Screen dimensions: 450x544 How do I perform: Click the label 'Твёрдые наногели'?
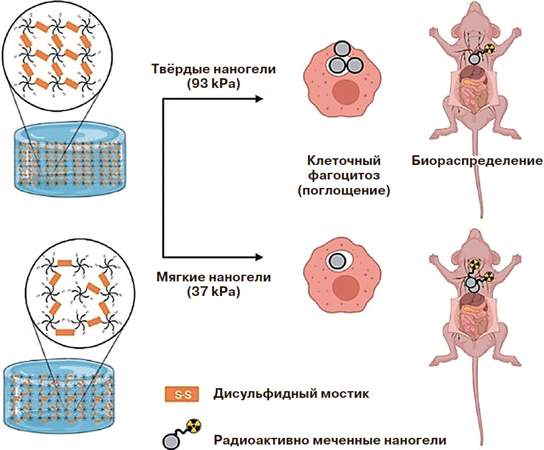click(x=213, y=69)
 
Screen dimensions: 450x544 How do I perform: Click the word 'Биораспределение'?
click(x=477, y=161)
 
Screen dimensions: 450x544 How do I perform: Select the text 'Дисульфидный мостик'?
click(x=290, y=394)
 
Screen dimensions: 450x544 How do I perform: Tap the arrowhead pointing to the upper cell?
click(x=259, y=99)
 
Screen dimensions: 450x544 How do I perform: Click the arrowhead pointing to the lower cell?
click(x=259, y=256)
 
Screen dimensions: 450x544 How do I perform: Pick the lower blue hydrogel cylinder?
click(x=61, y=394)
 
